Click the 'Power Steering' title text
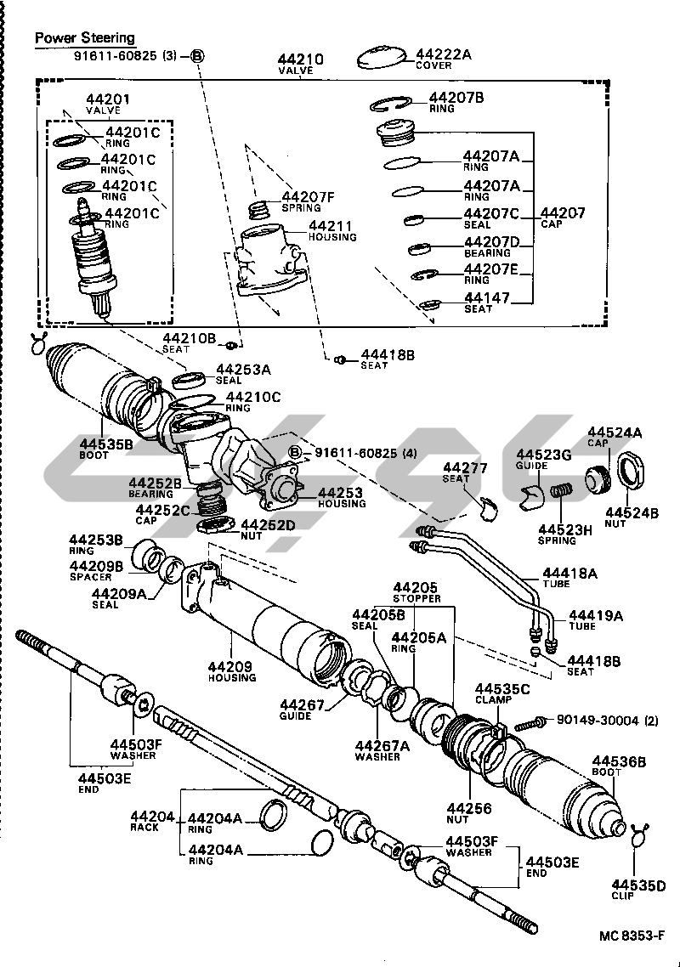(x=84, y=38)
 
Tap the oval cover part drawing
(x=381, y=57)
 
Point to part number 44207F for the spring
(x=308, y=197)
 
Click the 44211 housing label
(x=331, y=227)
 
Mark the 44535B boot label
(x=106, y=443)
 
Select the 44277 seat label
(x=466, y=468)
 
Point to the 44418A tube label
(x=569, y=574)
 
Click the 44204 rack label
(x=153, y=817)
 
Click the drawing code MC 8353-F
(x=628, y=935)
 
